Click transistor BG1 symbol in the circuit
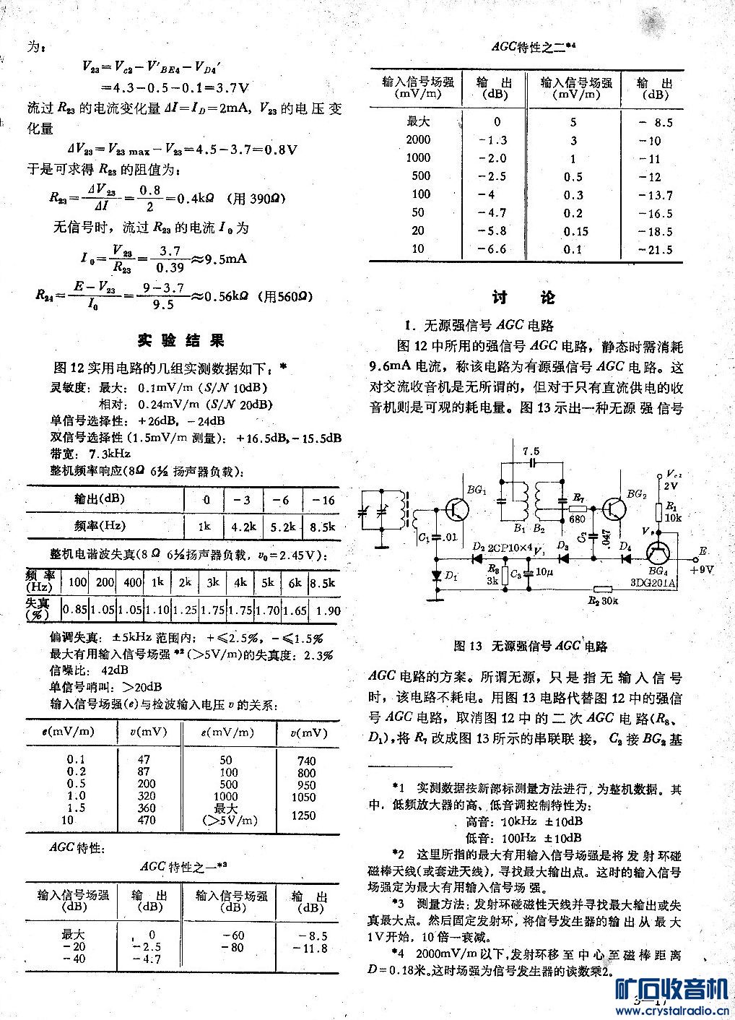(x=457, y=510)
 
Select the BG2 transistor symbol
(x=614, y=510)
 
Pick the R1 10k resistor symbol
(x=658, y=513)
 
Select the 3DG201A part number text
(x=653, y=583)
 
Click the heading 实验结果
(x=181, y=341)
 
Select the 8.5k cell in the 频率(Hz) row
(x=322, y=527)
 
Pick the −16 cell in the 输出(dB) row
(x=322, y=500)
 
